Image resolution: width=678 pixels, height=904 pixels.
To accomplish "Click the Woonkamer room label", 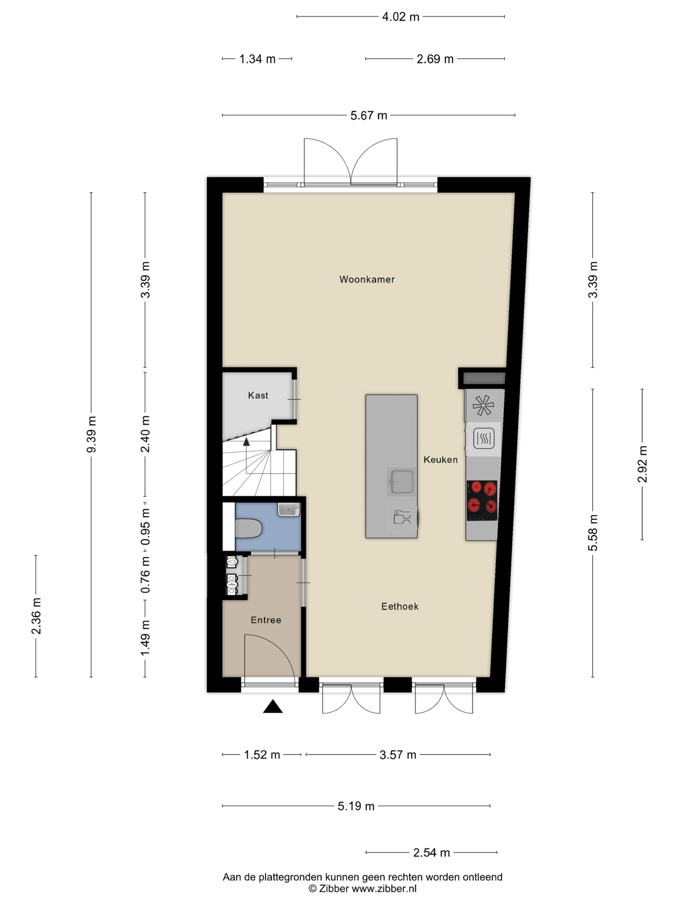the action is point(367,280).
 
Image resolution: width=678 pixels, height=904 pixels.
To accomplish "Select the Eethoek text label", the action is point(400,606).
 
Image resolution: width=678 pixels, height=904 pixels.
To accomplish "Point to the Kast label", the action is point(258,395).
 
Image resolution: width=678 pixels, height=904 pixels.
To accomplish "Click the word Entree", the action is point(266,620).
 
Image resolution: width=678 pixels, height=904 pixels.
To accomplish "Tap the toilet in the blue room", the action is point(249,528).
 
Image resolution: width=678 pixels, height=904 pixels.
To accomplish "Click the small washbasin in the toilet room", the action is point(289,510).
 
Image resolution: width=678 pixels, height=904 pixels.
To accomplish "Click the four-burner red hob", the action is point(482,500).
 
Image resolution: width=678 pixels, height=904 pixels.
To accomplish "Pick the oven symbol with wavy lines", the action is point(484,439).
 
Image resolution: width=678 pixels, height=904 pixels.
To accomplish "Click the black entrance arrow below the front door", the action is point(273,706).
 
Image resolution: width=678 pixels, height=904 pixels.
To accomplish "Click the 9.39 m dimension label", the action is point(91,434).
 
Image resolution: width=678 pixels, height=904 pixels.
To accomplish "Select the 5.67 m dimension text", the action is point(368,116).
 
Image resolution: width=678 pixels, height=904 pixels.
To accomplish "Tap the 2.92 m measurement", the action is point(642,464).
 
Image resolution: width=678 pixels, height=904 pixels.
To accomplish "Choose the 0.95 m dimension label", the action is point(145,527).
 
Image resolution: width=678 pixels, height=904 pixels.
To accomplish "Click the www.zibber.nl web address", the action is point(384,888).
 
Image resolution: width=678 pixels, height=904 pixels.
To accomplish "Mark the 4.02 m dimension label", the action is point(400,17).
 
